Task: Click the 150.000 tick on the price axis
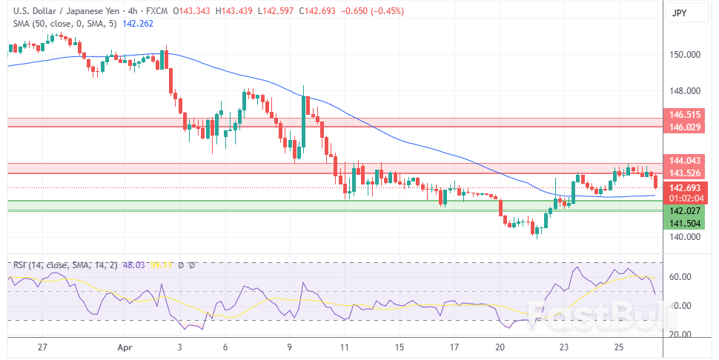(685, 55)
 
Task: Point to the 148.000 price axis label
(685, 91)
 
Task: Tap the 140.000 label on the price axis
(685, 237)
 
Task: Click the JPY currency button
(680, 13)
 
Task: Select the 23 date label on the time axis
(564, 347)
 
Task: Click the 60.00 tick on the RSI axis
(680, 277)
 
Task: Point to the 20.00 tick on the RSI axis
(680, 334)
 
